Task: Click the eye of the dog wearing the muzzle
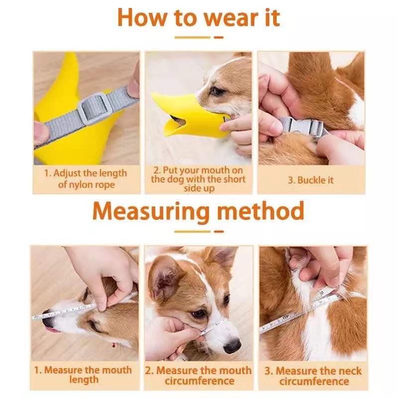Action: (x=217, y=91)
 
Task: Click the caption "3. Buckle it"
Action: (x=310, y=180)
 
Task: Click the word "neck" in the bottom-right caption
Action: (x=348, y=371)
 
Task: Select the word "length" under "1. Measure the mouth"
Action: (x=84, y=380)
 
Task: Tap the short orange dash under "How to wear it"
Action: (x=218, y=37)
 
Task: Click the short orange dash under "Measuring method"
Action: (x=219, y=231)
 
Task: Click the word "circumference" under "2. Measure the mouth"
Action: (x=199, y=381)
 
